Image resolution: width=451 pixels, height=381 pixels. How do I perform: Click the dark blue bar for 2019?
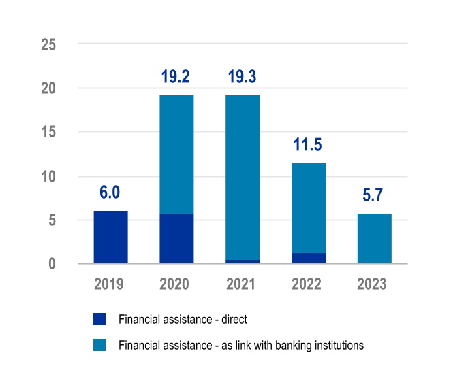click(x=110, y=237)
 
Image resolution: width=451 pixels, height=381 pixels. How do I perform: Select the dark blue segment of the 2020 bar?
click(x=176, y=238)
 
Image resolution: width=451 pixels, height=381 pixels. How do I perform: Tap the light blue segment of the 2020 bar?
click(x=176, y=154)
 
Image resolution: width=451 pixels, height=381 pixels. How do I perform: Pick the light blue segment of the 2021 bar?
click(x=243, y=177)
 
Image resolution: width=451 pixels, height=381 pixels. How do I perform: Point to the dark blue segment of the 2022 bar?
click(x=309, y=258)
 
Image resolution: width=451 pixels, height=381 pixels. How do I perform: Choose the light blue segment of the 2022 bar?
click(x=309, y=208)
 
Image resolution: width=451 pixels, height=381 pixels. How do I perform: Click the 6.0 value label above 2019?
click(x=110, y=193)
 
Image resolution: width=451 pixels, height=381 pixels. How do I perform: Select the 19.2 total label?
click(x=176, y=77)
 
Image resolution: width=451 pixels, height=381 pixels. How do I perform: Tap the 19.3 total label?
click(x=243, y=77)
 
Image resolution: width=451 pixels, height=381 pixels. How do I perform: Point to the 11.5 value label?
click(x=309, y=145)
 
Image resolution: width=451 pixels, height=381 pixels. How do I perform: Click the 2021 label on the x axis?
click(x=243, y=284)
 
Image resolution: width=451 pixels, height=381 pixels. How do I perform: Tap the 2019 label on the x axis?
click(x=110, y=284)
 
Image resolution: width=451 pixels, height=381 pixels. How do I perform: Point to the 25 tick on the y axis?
click(x=48, y=44)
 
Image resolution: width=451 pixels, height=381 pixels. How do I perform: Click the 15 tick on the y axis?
click(x=48, y=132)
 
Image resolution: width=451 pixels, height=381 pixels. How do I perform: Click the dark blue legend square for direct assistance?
click(x=99, y=318)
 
